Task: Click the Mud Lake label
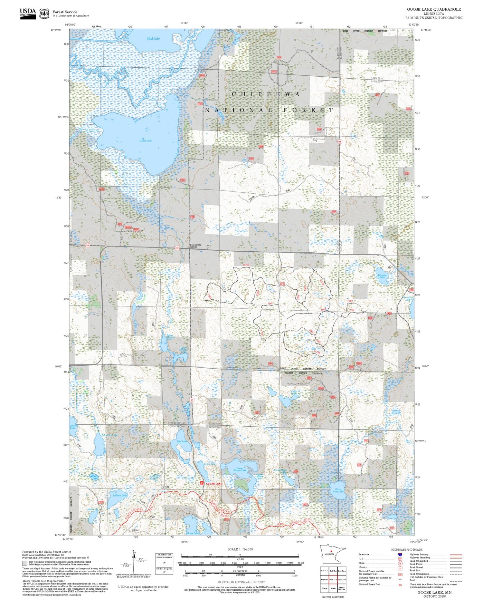tap(153, 39)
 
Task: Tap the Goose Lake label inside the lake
tap(146, 141)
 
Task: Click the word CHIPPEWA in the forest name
tap(266, 94)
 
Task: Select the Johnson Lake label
tap(382, 276)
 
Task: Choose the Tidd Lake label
tap(182, 441)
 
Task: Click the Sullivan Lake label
tap(119, 495)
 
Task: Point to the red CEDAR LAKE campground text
tap(214, 484)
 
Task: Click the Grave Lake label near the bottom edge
tap(193, 533)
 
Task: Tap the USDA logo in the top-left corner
tap(28, 14)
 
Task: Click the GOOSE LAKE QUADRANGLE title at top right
tap(434, 9)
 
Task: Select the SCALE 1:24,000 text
tap(240, 549)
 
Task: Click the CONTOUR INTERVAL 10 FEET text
tap(241, 582)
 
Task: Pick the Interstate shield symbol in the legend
tap(400, 554)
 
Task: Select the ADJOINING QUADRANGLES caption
tap(333, 597)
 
